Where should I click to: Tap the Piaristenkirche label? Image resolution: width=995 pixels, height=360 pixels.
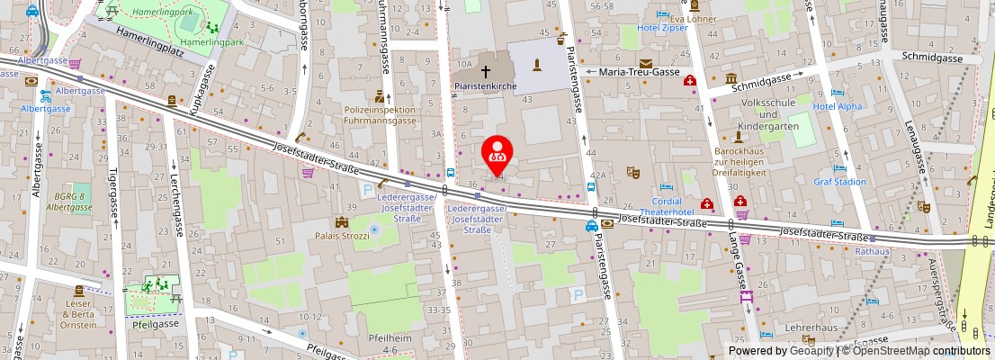tap(484, 86)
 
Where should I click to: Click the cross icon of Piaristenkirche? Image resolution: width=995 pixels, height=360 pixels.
tap(486, 69)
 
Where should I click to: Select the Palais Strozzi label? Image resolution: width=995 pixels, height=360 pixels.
tap(342, 238)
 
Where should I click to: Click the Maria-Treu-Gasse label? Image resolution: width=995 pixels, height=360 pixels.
tap(640, 72)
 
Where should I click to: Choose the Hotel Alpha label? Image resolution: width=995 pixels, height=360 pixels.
tap(837, 106)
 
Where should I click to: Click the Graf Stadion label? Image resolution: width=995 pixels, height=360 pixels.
tap(839, 182)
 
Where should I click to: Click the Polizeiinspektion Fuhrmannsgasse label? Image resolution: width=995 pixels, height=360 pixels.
tap(381, 114)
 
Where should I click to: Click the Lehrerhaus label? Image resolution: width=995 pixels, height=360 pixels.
tap(805, 329)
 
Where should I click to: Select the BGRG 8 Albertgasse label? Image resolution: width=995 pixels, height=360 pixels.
tap(68, 202)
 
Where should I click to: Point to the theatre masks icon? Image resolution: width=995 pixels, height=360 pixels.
tap(633, 168)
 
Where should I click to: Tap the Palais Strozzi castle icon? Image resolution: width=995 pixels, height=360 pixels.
tap(342, 222)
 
